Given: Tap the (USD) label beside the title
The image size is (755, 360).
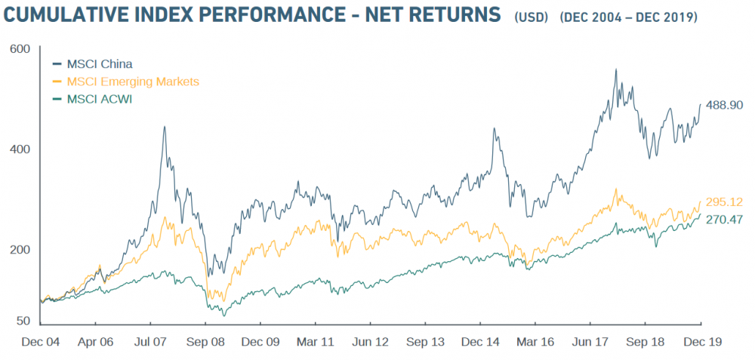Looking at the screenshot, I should click(x=532, y=17).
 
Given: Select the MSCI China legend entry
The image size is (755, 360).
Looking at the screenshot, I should click(x=99, y=63).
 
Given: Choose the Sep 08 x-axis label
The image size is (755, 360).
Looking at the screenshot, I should click(x=207, y=341).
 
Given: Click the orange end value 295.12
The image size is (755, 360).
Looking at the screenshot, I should click(x=725, y=202).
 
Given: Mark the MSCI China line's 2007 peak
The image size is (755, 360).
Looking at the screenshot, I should click(x=165, y=127).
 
